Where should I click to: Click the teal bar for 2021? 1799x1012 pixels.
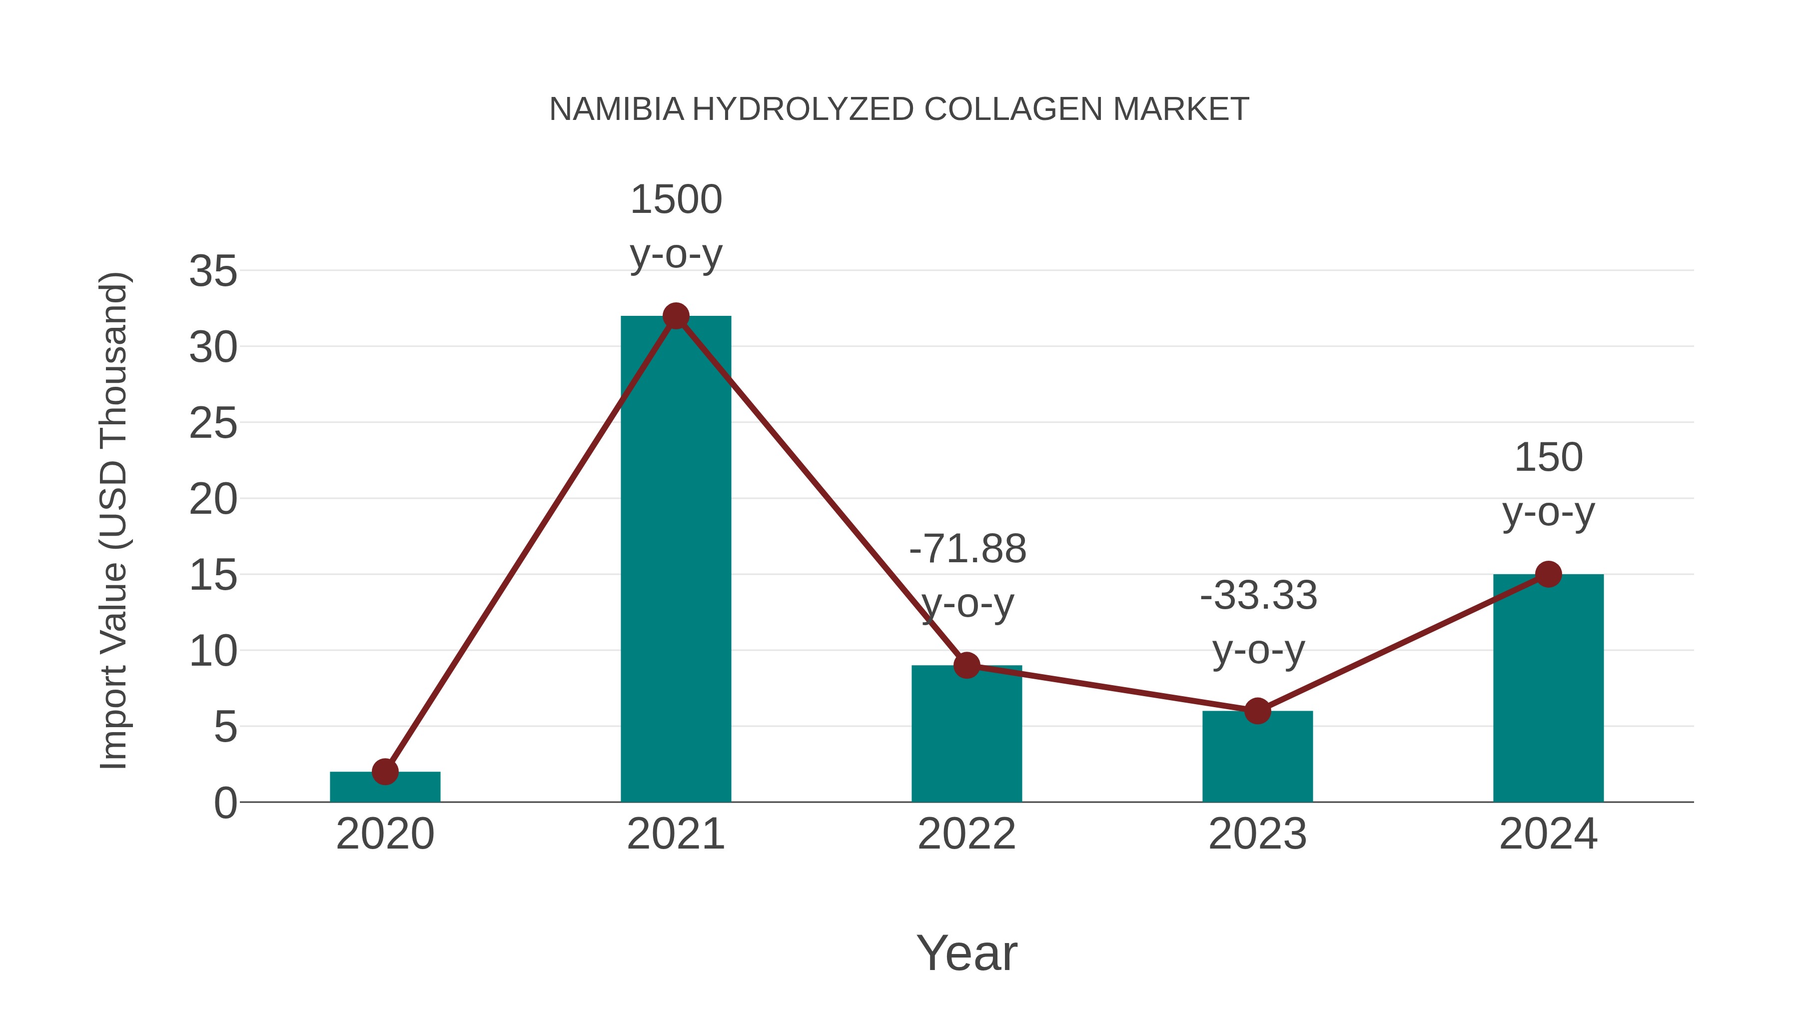[x=675, y=559]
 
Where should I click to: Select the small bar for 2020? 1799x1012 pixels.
[x=385, y=788]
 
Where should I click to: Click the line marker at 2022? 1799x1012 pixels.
[x=966, y=666]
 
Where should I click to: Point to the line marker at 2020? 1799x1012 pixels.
[x=385, y=772]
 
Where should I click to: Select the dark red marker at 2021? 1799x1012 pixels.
[x=675, y=316]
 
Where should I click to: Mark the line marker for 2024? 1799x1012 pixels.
[x=1548, y=574]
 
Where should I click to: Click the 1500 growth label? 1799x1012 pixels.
[x=675, y=200]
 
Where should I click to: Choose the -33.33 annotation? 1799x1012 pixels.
[x=1258, y=596]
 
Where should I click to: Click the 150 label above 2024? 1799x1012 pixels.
[x=1548, y=458]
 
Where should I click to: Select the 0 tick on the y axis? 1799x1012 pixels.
[x=225, y=803]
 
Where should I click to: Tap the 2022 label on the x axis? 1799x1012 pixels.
[x=966, y=834]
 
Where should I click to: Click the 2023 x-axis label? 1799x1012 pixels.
[x=1257, y=834]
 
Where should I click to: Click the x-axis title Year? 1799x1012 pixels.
[x=966, y=953]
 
